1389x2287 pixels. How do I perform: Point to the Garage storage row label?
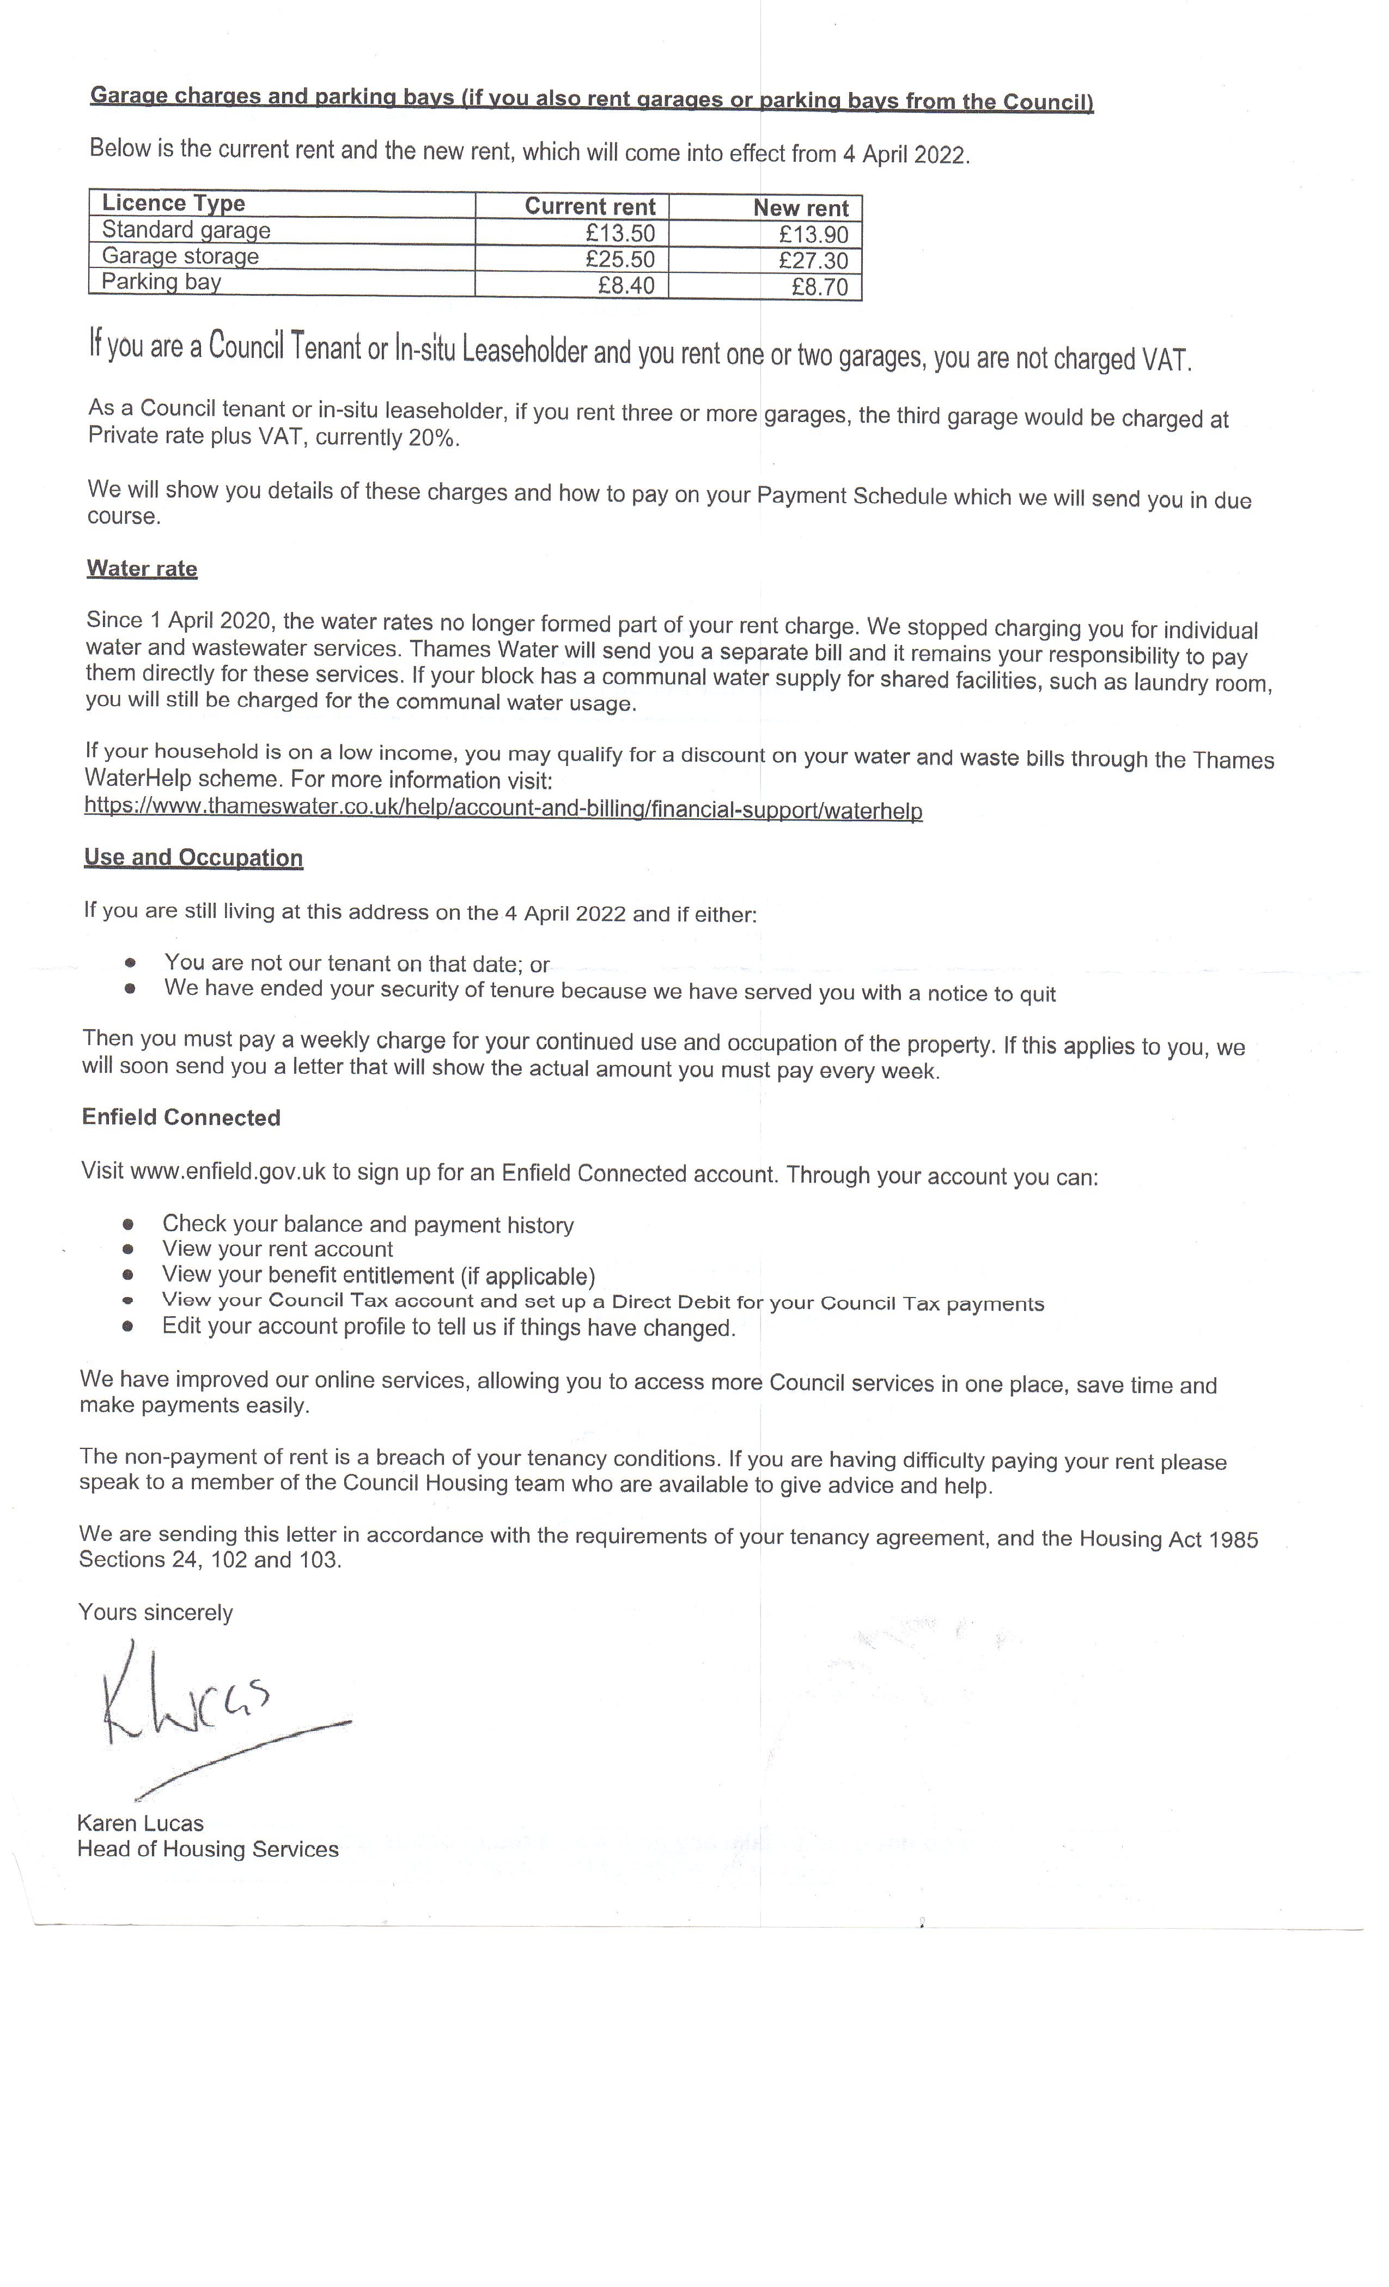(180, 256)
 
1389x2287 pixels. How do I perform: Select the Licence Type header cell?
(174, 203)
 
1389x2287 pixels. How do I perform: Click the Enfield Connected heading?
(181, 1117)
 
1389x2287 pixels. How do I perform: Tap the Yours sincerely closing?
(155, 1612)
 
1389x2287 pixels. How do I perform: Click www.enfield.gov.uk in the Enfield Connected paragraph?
(228, 1171)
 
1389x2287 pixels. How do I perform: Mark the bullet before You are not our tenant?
(130, 963)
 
